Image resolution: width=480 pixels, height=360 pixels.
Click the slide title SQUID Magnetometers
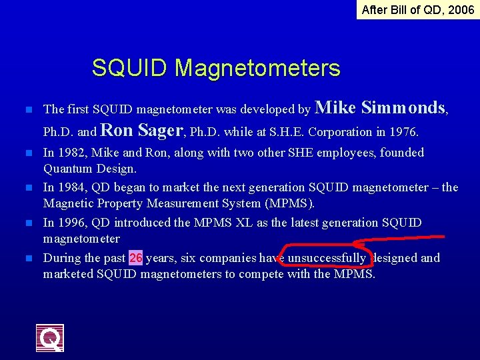tap(216, 68)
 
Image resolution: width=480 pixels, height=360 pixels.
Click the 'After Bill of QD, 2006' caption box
tap(417, 9)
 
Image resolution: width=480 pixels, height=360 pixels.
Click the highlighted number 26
tap(135, 258)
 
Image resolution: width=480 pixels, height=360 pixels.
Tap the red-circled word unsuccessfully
tap(327, 258)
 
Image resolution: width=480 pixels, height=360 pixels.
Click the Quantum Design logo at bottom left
tap(50, 338)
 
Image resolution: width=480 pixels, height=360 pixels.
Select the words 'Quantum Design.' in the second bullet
tap(90, 169)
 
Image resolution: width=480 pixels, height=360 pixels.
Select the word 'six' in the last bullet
tap(188, 258)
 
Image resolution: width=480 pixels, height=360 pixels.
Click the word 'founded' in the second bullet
tap(402, 153)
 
